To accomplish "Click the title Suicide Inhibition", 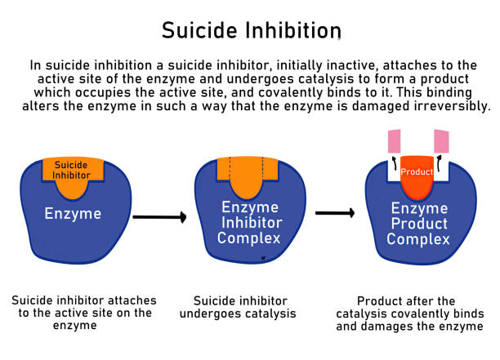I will pos(249,30).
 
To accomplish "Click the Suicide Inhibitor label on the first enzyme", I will pos(73,170).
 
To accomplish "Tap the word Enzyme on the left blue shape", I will pos(73,215).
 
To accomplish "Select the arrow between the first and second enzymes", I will pos(159,217).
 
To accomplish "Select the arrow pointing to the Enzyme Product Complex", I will pos(334,213).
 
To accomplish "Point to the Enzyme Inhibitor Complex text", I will pos(250,223).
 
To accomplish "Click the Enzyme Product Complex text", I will pos(418,224).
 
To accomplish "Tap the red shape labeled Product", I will pos(417,175).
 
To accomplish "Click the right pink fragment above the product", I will pos(441,140).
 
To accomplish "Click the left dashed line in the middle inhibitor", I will pos(231,167).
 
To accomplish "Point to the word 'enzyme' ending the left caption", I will pos(82,325).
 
